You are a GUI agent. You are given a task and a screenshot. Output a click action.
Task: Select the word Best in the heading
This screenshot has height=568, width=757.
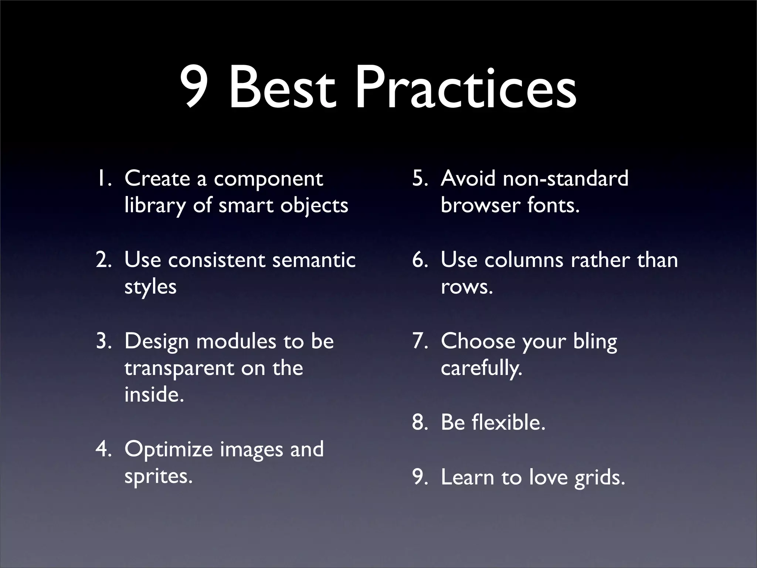pyautogui.click(x=283, y=89)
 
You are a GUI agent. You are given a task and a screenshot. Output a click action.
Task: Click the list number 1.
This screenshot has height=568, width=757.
pyautogui.click(x=102, y=179)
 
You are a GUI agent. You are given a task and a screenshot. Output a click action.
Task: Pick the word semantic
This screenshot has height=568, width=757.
pyautogui.click(x=314, y=260)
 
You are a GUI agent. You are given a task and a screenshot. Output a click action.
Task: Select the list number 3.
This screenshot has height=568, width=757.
pyautogui.click(x=103, y=341)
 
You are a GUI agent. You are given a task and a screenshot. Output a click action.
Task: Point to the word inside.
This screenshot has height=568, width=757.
pyautogui.click(x=154, y=394)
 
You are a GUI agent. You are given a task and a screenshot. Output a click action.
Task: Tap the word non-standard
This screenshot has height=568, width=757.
pyautogui.click(x=566, y=179)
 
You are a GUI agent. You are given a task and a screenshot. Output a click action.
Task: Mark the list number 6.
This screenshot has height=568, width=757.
pyautogui.click(x=420, y=260)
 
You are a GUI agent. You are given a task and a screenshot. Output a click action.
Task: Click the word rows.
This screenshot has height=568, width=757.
pyautogui.click(x=467, y=287)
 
